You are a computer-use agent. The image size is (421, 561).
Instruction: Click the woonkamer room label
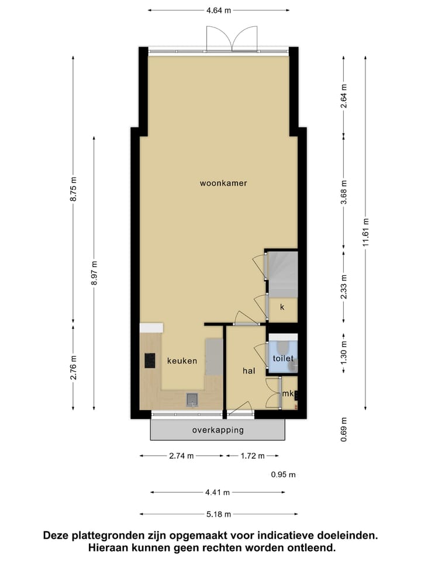223,183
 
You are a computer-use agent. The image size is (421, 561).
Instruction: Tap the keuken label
182,361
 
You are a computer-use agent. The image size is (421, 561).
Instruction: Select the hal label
250,370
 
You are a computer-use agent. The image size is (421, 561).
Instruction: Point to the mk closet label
287,394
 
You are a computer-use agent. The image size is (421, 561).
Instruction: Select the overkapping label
218,430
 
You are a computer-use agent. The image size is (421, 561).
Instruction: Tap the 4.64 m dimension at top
219,9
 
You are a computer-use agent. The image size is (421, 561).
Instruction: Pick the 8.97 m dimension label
94,272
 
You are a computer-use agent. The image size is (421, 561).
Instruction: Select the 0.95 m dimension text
284,475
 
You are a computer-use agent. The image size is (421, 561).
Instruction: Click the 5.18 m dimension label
218,514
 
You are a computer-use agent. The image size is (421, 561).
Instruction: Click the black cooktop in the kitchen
150,361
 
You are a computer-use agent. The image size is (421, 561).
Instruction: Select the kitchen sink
192,400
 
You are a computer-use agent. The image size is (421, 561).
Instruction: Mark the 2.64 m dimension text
344,93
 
